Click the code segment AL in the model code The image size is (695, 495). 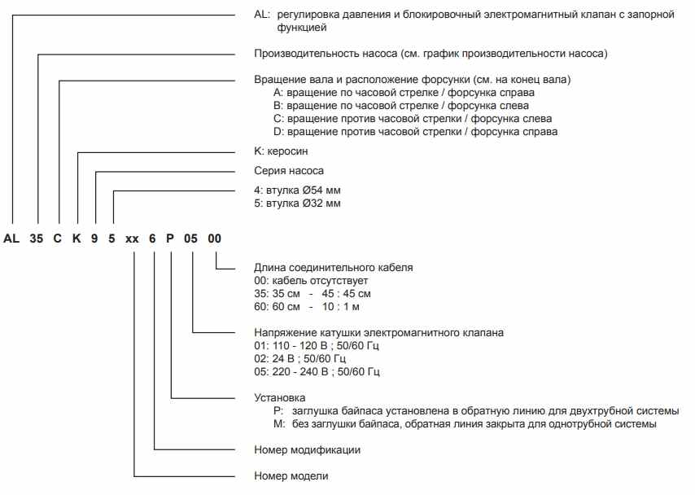(11, 239)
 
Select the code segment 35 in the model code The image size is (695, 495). (37, 239)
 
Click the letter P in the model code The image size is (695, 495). (172, 239)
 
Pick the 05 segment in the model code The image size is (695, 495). (193, 239)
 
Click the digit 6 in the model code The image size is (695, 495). (154, 239)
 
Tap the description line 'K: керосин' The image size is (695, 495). (282, 151)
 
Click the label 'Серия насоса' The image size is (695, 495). (289, 171)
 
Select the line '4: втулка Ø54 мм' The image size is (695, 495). (297, 191)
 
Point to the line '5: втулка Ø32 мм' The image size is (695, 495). (297, 203)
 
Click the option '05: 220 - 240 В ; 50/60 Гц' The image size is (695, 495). (317, 371)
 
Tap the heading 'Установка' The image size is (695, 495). (280, 398)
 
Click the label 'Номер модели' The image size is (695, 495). (292, 475)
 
